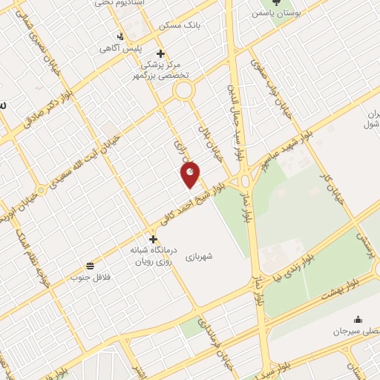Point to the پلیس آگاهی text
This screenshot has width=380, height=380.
[x=119, y=48]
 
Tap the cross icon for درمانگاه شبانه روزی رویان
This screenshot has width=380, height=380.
[x=153, y=239]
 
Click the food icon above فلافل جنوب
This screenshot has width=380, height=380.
[x=90, y=265]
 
